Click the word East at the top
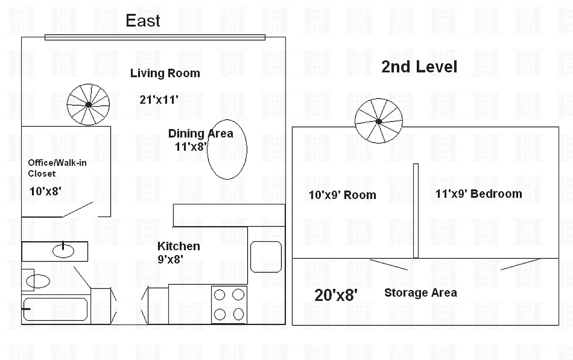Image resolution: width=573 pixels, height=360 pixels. (143, 21)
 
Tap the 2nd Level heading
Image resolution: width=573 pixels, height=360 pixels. (419, 67)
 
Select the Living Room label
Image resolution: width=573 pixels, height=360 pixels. (165, 73)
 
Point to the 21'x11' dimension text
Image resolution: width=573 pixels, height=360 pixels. (159, 100)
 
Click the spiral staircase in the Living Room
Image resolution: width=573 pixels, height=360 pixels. (88, 104)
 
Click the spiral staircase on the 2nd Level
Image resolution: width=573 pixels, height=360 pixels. (378, 121)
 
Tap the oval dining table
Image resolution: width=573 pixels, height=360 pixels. (227, 149)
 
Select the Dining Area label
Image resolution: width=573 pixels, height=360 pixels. (200, 134)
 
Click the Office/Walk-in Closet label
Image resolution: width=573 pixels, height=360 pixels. (57, 168)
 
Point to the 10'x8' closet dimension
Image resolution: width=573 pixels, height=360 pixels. (45, 191)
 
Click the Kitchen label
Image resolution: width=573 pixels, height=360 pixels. (178, 246)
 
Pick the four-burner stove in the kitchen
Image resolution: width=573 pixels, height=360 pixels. (229, 304)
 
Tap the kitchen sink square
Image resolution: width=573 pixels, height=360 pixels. (266, 256)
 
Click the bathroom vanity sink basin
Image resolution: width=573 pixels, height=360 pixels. (63, 250)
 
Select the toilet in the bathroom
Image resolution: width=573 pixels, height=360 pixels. (36, 281)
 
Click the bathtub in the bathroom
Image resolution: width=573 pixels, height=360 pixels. (55, 309)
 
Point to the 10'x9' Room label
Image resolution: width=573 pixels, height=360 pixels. (342, 195)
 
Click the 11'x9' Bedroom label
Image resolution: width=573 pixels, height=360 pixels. (478, 194)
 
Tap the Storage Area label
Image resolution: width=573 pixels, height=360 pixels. (420, 293)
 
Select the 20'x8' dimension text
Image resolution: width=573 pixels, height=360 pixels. (336, 296)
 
